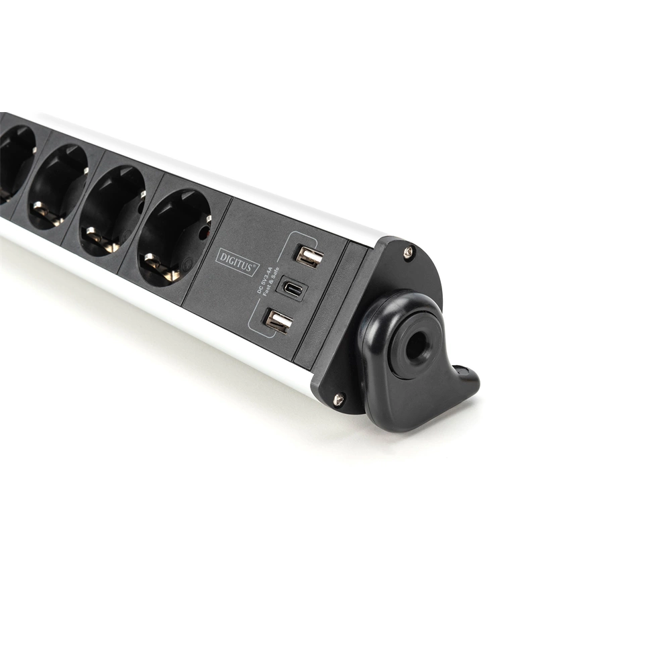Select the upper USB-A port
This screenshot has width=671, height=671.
[309, 256]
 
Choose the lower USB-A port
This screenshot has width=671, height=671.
[278, 321]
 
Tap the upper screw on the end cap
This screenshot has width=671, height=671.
[407, 252]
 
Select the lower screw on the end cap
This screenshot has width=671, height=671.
[339, 398]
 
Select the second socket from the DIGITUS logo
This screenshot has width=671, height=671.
[113, 208]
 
